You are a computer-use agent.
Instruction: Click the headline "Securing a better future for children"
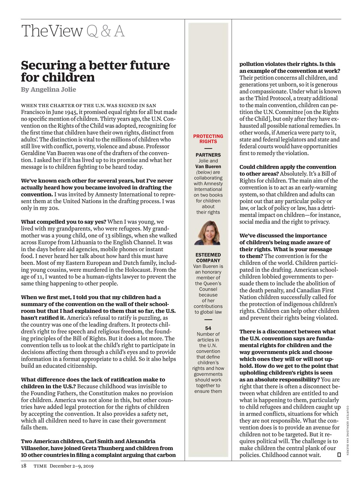pyautogui.click(x=95, y=71)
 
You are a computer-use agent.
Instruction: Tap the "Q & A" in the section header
pyautogui.click(x=105, y=31)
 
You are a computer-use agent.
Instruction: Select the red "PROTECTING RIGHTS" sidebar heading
pyautogui.click(x=208, y=139)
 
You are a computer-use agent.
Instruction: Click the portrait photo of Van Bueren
pyautogui.click(x=208, y=233)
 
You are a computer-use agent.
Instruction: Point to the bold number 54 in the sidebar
pyautogui.click(x=208, y=328)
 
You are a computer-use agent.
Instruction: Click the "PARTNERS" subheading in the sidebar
pyautogui.click(x=208, y=155)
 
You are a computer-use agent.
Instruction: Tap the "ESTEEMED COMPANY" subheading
pyautogui.click(x=208, y=258)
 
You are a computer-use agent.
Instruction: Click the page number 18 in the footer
pyautogui.click(x=24, y=466)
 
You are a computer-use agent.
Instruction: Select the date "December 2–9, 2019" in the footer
pyautogui.click(x=72, y=466)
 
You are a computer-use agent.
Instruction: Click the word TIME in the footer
pyautogui.click(x=40, y=466)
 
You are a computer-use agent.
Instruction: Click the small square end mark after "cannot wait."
pyautogui.click(x=339, y=455)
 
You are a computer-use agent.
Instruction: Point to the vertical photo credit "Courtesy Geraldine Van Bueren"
pyautogui.click(x=348, y=430)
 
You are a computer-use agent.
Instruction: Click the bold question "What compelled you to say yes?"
pyautogui.click(x=63, y=222)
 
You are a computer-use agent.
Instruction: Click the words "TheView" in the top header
pyautogui.click(x=52, y=31)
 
